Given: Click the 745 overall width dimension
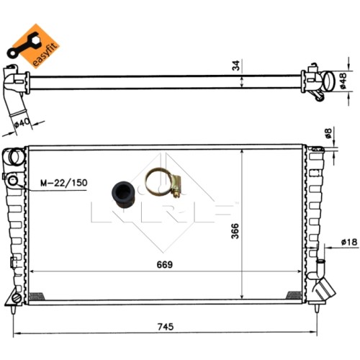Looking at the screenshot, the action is pyautogui.click(x=166, y=327).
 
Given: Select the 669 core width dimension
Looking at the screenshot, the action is pyautogui.click(x=165, y=264).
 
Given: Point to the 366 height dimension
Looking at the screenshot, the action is pyautogui.click(x=235, y=231).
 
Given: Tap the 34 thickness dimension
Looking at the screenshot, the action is pyautogui.click(x=236, y=66).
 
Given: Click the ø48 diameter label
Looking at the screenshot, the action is pyautogui.click(x=343, y=81).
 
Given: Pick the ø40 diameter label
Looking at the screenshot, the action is pyautogui.click(x=22, y=123).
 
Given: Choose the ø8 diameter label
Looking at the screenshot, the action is pyautogui.click(x=328, y=133).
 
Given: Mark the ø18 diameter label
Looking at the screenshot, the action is pyautogui.click(x=349, y=242).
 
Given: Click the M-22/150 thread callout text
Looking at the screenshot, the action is pyautogui.click(x=64, y=183).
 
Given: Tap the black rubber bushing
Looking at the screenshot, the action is pyautogui.click(x=124, y=195).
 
